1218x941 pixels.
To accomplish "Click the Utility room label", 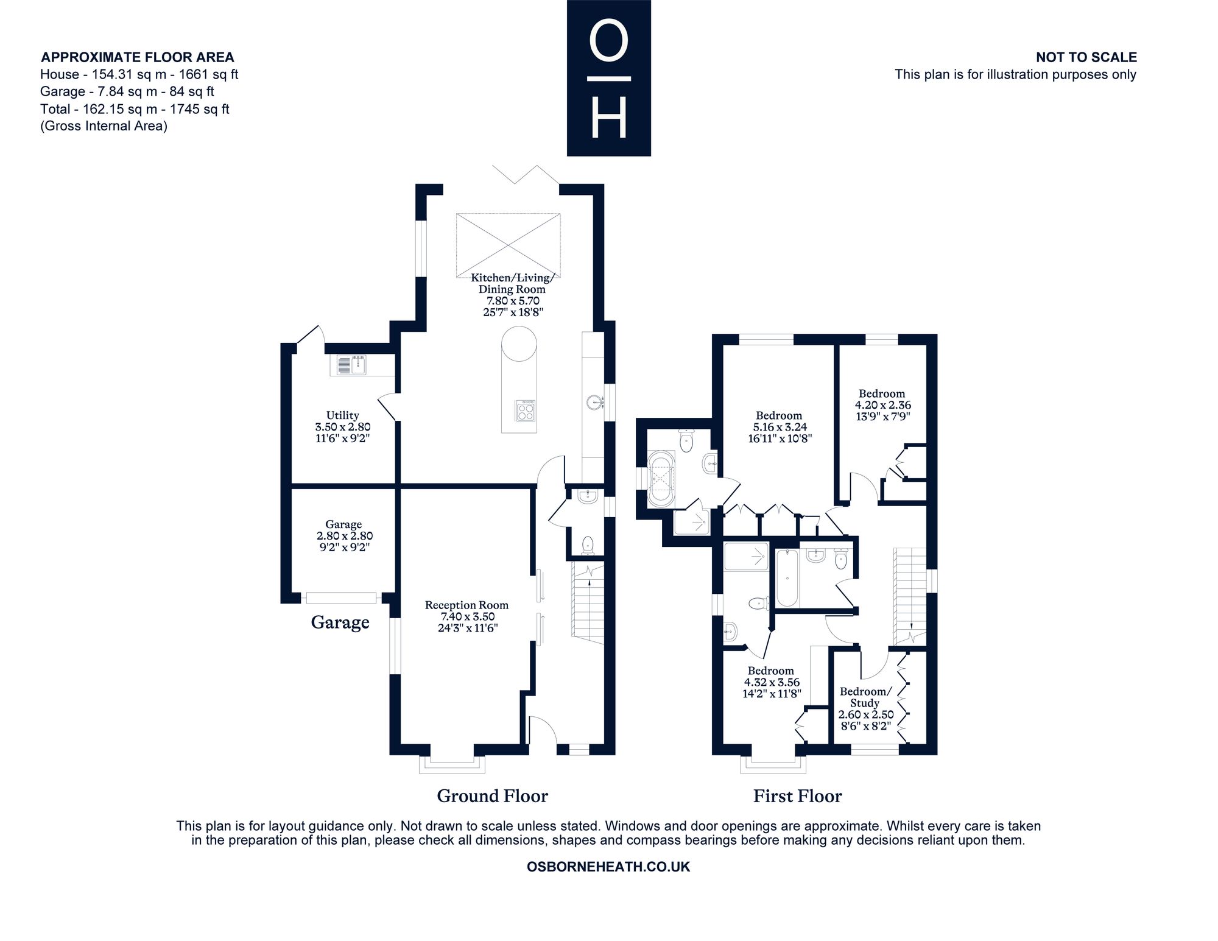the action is point(343,427).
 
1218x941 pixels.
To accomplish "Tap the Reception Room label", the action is point(467,616).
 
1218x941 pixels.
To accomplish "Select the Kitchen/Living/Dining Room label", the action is point(513,295).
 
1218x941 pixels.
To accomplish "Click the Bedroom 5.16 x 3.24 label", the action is point(780,427).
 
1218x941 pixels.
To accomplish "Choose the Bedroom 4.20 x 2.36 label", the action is point(882,405).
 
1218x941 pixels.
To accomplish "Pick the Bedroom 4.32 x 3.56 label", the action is point(772,682).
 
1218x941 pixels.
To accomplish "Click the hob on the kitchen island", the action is point(525,411).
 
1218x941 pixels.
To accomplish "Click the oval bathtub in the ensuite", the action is point(661,479).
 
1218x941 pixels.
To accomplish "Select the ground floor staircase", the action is point(588,604).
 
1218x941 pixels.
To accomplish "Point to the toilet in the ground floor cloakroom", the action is point(588,545).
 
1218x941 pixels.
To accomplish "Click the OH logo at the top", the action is point(609,78).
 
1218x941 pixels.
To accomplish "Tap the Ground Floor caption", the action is point(493,796).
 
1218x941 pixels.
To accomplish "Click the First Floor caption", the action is point(798,796).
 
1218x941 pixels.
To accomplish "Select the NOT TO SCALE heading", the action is point(1086,57).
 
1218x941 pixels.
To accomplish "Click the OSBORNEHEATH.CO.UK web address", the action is point(608,867).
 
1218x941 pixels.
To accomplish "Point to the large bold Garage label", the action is point(340,622).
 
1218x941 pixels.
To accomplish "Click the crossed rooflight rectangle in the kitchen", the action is point(508,244).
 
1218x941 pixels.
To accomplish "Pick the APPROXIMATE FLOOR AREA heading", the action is point(137,57).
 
